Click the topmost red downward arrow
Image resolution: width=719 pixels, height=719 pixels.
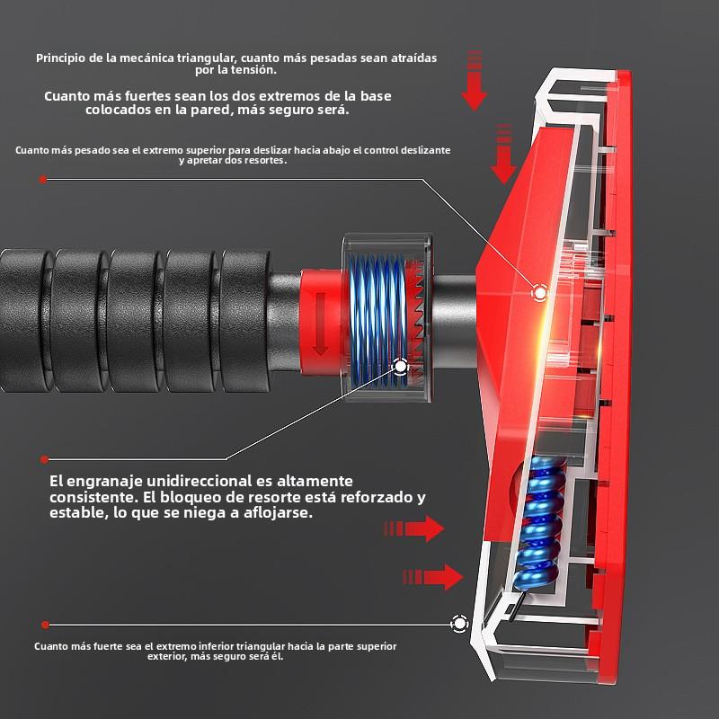point(475,81)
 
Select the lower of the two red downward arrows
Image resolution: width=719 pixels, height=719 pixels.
point(504,154)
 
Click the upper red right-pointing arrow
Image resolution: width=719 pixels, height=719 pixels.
point(413,528)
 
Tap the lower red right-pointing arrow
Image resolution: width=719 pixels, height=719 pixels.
point(433,577)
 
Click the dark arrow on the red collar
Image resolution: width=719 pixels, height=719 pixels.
point(320,324)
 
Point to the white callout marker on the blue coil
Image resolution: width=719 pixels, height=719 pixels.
point(401,367)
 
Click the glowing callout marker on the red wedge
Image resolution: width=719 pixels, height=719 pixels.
point(540,293)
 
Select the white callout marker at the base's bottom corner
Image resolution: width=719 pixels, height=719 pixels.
point(459,624)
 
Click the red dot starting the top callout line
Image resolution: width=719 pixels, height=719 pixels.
point(43,180)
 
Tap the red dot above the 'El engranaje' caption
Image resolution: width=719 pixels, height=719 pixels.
point(44,459)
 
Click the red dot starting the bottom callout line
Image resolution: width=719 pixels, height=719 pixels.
point(45,625)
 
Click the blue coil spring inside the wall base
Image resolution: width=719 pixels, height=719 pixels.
point(541,523)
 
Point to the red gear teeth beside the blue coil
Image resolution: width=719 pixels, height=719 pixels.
point(417,319)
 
